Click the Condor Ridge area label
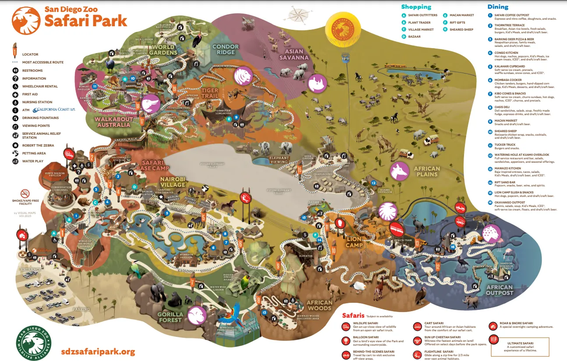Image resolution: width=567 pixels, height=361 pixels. pyautogui.click(x=226, y=49)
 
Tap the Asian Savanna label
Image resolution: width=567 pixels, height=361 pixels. pyautogui.click(x=294, y=54)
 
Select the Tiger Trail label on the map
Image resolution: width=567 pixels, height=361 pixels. pyautogui.click(x=209, y=93)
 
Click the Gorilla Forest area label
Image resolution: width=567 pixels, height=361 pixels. pyautogui.click(x=170, y=317)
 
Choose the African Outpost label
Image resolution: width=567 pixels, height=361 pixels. pyautogui.click(x=499, y=290)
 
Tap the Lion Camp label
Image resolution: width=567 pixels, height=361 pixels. pyautogui.click(x=354, y=242)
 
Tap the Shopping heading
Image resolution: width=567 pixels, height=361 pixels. pyautogui.click(x=416, y=7)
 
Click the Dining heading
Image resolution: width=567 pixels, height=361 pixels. pyautogui.click(x=498, y=7)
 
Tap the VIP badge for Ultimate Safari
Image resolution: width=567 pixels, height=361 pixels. pyautogui.click(x=494, y=340)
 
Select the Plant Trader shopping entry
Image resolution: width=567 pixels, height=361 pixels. pyautogui.click(x=419, y=22)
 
